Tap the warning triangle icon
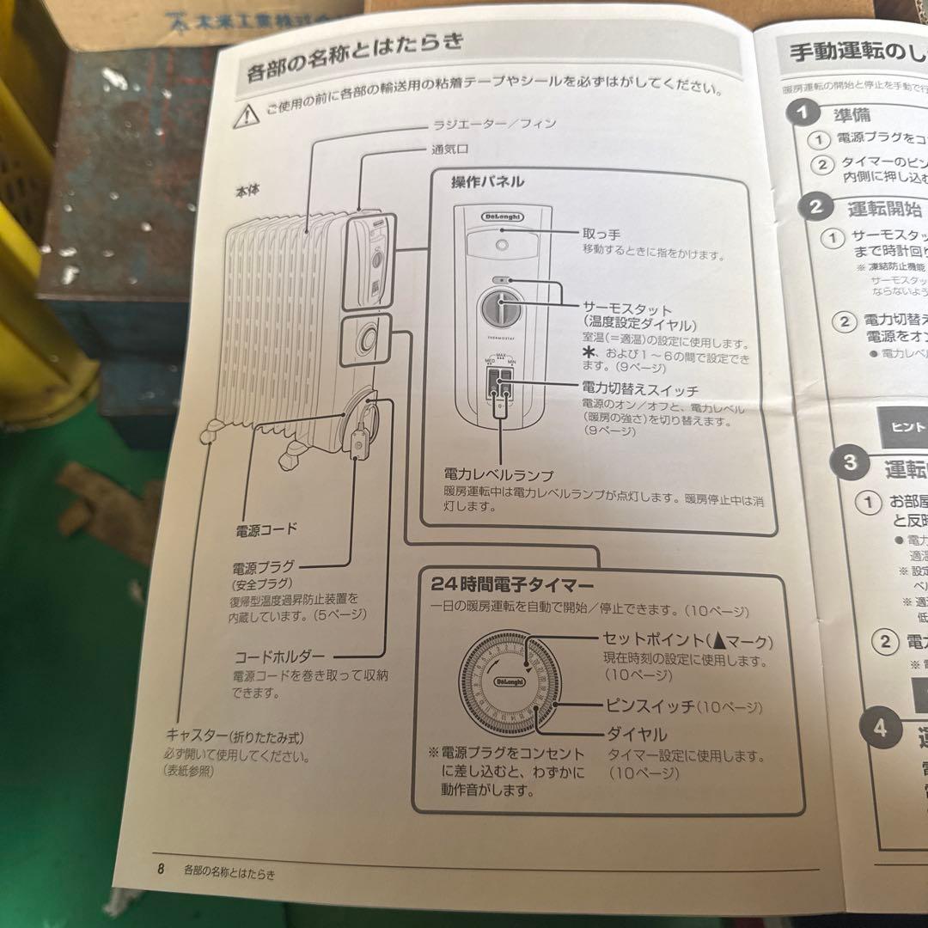[246, 113]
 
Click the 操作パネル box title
[487, 181]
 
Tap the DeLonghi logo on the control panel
[501, 218]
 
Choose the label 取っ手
[601, 234]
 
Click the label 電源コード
[266, 530]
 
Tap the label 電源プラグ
[263, 568]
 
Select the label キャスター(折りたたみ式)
[235, 737]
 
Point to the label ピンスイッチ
[649, 707]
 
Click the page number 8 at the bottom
[161, 868]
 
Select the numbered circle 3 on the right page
[850, 462]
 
